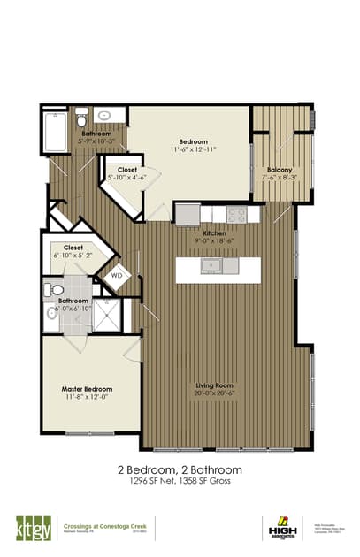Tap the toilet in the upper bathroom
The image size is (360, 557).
pyautogui.click(x=80, y=117)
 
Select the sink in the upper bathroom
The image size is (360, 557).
pyautogui.click(x=105, y=115)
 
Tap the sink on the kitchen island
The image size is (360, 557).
pyautogui.click(x=211, y=264)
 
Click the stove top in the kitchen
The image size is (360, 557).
pyautogui.click(x=236, y=213)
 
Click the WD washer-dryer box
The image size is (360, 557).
pyautogui.click(x=117, y=276)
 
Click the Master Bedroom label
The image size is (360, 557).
pyautogui.click(x=87, y=388)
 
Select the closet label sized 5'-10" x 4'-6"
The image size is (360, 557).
pyautogui.click(x=124, y=178)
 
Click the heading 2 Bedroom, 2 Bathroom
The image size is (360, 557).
pyautogui.click(x=180, y=469)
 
